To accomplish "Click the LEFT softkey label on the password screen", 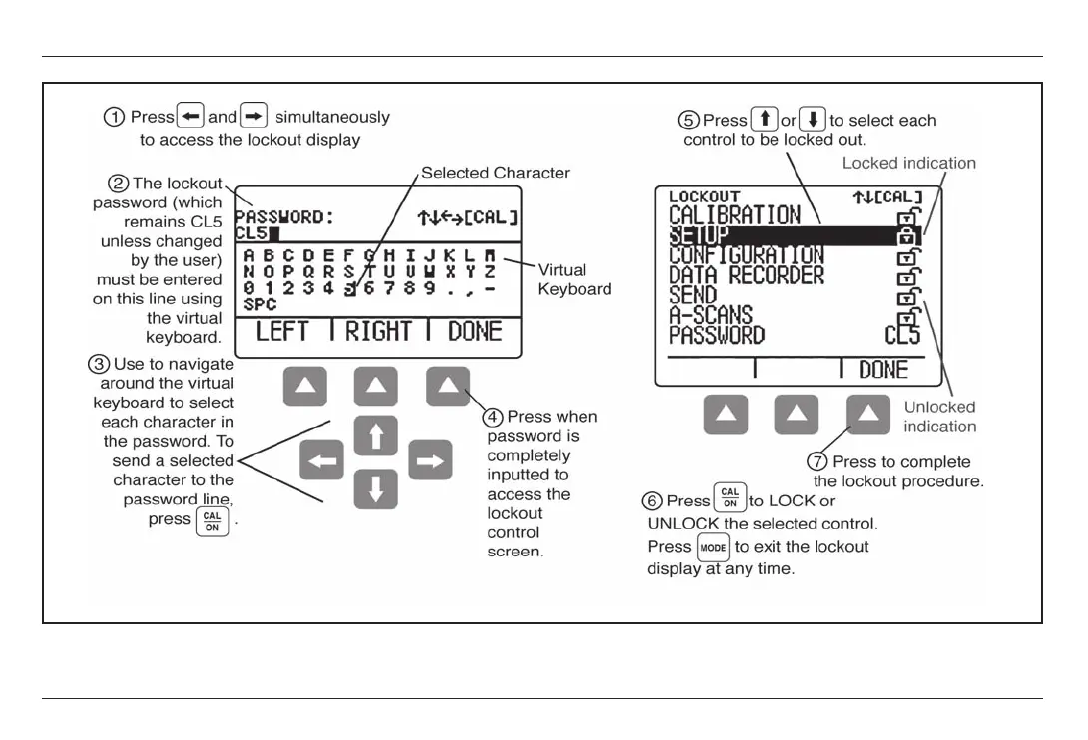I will tap(282, 332).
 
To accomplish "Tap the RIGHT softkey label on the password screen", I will tap(378, 332).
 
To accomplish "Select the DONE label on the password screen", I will tap(475, 332).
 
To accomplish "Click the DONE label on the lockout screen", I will tap(883, 370).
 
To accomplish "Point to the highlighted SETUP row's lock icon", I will tap(907, 236).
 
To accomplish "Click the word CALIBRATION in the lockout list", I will tap(734, 215).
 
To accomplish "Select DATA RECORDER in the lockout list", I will tap(747, 275).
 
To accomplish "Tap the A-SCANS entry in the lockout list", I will tap(710, 315).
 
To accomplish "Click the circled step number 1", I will tap(115, 117).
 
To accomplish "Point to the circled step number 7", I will tap(817, 462).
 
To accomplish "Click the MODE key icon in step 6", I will tap(714, 547).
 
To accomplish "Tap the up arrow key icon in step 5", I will tap(765, 121).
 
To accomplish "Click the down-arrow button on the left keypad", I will tap(375, 489).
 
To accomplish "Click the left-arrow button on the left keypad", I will tap(321, 461).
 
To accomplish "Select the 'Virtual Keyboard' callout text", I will tap(574, 279).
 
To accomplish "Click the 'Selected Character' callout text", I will tap(495, 173).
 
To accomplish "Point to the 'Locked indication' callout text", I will tap(908, 162).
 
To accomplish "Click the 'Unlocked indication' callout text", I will tap(939, 416).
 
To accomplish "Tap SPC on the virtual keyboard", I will tap(260, 305).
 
